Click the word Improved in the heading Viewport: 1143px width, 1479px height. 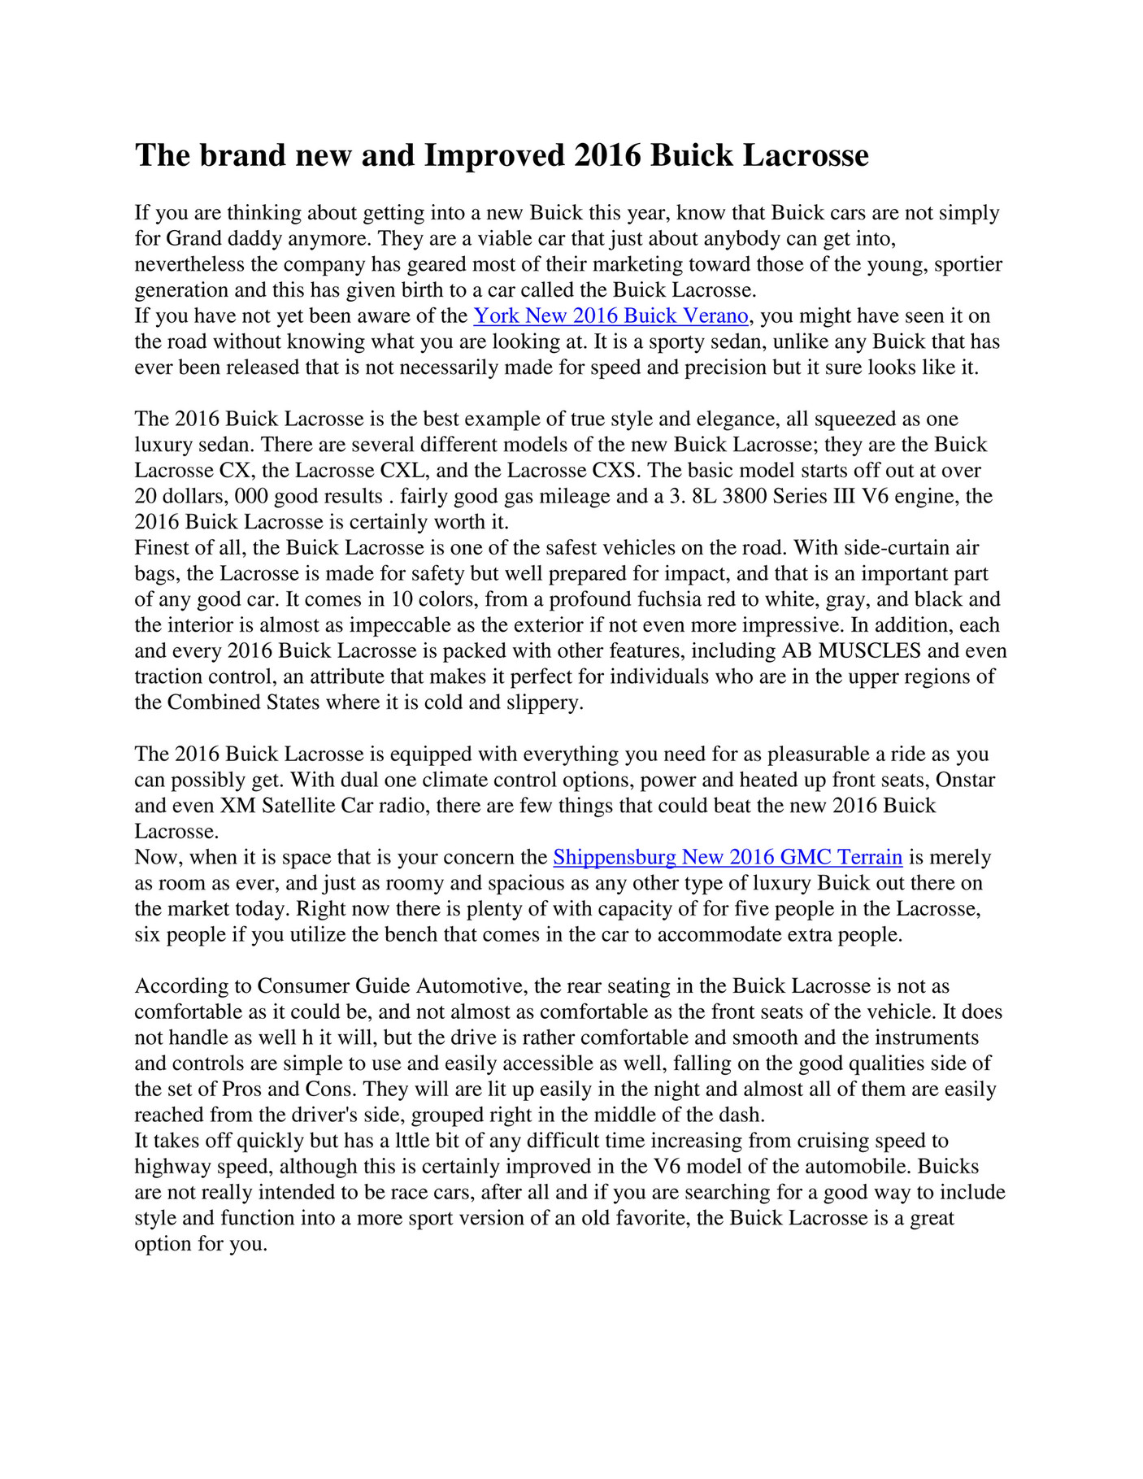click(494, 155)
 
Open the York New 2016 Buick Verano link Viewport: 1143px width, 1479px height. click(610, 315)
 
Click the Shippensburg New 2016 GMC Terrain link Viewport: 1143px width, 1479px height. click(728, 857)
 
